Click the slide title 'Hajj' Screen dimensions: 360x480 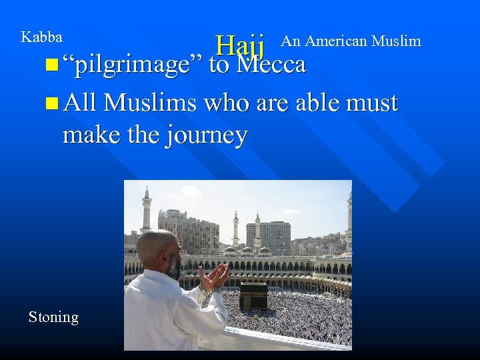241,47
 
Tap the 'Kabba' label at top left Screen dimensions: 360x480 41,37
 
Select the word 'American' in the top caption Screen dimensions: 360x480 335,41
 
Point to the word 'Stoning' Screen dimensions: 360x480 53,317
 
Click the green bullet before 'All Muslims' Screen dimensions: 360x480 53,104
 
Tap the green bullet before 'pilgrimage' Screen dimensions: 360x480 53,66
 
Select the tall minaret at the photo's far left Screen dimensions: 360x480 146,209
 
